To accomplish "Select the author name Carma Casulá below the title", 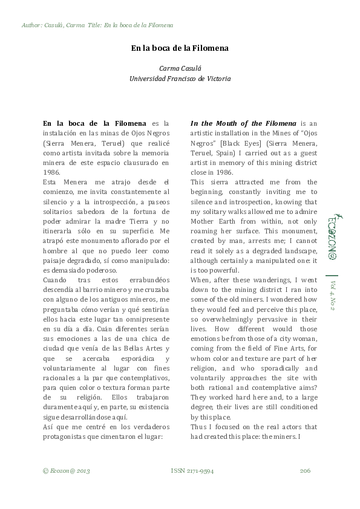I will tap(180, 69).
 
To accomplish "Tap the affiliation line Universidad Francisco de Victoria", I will tap(180, 79).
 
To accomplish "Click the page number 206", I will tap(305, 470).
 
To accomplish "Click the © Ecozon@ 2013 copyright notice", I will tap(67, 470).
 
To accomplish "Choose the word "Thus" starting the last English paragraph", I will tap(198, 426).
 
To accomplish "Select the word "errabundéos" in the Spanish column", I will tap(149, 280).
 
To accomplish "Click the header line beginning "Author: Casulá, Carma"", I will tap(97, 25).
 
